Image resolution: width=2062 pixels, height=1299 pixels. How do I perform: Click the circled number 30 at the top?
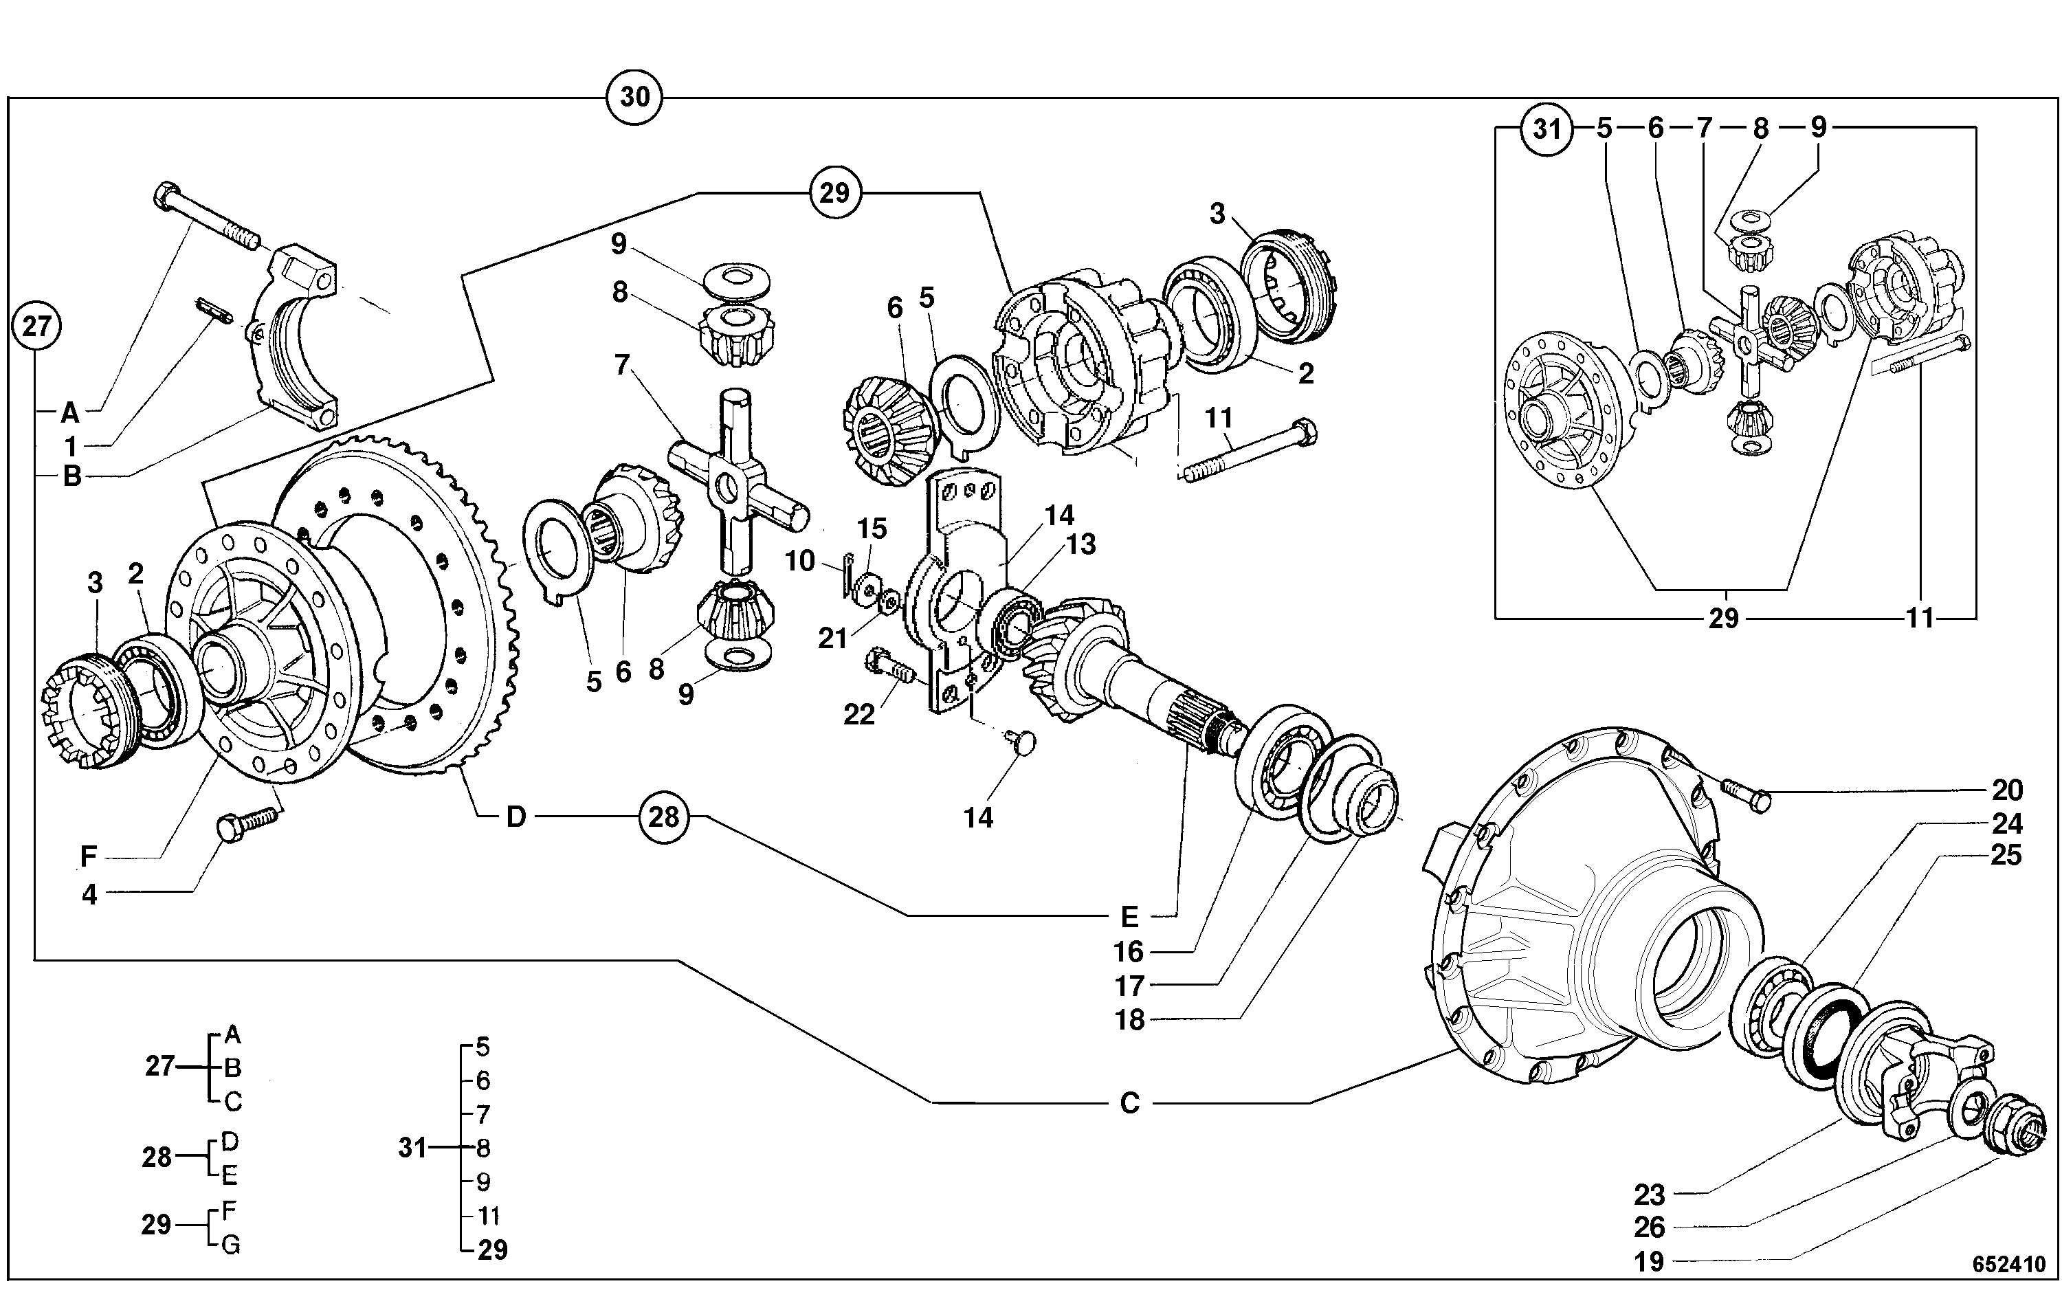click(634, 97)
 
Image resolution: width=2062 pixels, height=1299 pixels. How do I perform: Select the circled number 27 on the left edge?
click(36, 326)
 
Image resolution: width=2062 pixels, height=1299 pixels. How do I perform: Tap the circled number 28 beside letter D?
click(664, 817)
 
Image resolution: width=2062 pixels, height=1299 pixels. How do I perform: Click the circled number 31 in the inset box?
click(1546, 129)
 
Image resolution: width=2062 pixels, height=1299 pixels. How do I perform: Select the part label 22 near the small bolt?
click(859, 714)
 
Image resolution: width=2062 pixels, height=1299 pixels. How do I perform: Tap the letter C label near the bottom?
click(1129, 1103)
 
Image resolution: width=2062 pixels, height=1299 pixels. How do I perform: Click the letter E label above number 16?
click(1129, 917)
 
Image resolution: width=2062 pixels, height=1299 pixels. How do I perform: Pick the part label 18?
click(1129, 1020)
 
